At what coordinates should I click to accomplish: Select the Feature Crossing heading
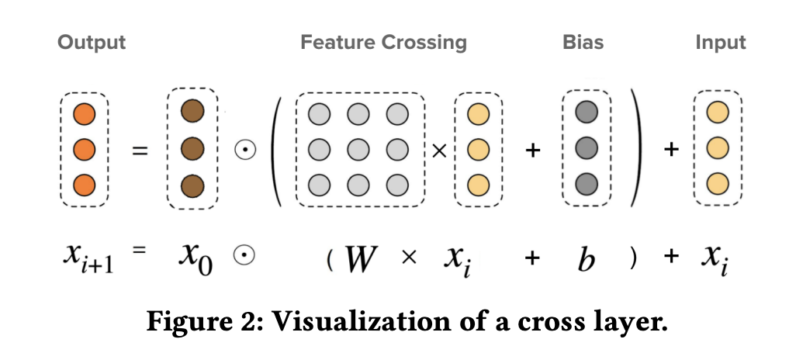pyautogui.click(x=383, y=42)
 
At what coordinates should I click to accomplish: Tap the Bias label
pyautogui.click(x=582, y=42)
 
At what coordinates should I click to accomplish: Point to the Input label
pyautogui.click(x=721, y=42)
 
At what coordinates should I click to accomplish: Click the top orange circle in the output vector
pyautogui.click(x=84, y=116)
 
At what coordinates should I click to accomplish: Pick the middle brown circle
pyautogui.click(x=192, y=147)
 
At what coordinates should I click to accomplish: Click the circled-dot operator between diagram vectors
pyautogui.click(x=245, y=150)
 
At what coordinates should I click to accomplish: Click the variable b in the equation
pyautogui.click(x=587, y=258)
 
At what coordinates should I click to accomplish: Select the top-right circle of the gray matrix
pyautogui.click(x=396, y=115)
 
